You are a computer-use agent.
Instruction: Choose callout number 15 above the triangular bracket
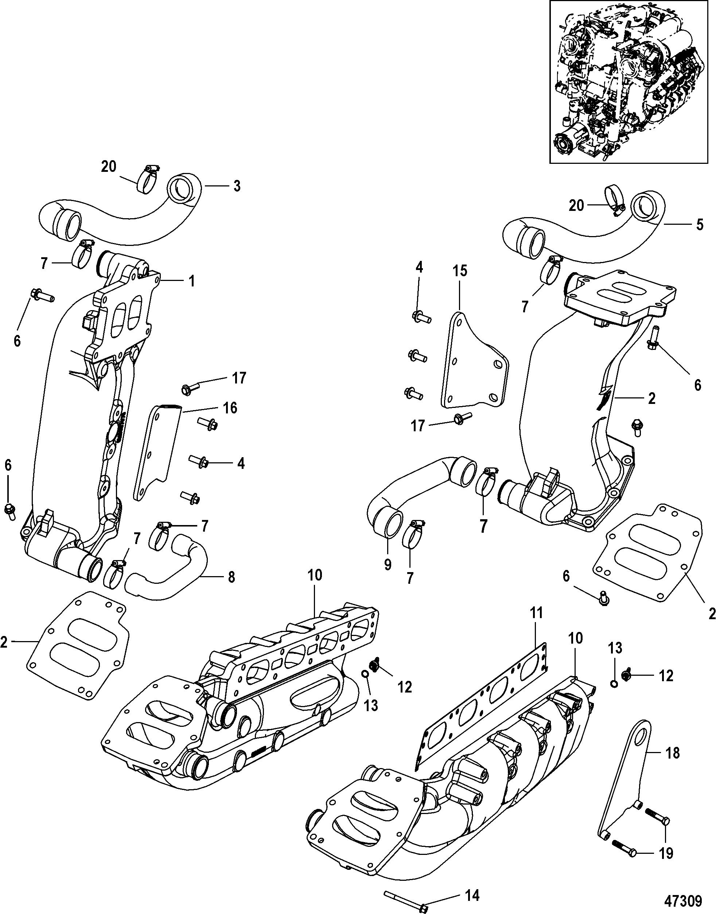click(x=459, y=270)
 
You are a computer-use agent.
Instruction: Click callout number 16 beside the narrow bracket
click(x=230, y=407)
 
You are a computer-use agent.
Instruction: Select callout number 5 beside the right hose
click(x=699, y=224)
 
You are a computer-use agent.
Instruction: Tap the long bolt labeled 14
click(x=405, y=890)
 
